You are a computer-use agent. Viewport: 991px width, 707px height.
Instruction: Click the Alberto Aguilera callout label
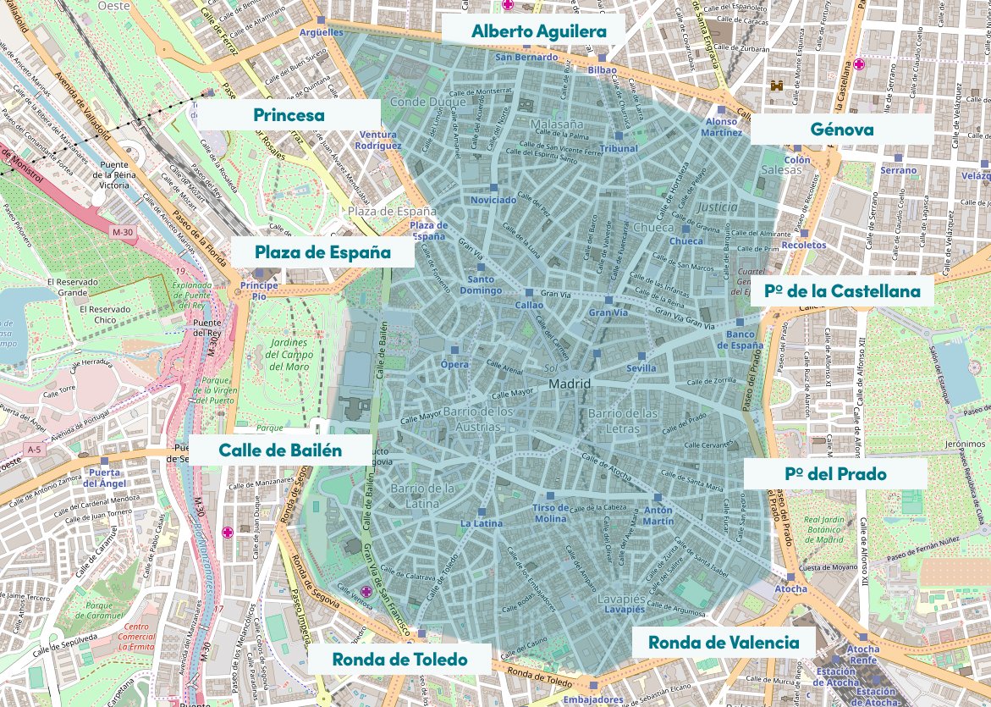[x=539, y=31]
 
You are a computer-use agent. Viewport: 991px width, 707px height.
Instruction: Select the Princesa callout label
[x=289, y=115]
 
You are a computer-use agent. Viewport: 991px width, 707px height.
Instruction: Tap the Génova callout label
[x=841, y=130]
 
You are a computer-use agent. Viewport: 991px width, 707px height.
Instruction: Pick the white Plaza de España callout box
[x=322, y=251]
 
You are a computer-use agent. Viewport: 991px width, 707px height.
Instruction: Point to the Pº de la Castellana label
[x=841, y=291]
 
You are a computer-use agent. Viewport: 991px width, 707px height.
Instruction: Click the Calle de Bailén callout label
[x=280, y=450]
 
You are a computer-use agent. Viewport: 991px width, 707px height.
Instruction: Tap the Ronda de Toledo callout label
[x=399, y=659]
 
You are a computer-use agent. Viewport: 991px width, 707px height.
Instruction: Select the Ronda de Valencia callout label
[x=724, y=642]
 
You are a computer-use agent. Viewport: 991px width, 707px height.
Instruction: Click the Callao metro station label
[x=529, y=305]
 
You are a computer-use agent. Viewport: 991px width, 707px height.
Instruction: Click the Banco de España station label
[x=745, y=340]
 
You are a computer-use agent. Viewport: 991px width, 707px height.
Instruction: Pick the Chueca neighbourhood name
[x=652, y=228]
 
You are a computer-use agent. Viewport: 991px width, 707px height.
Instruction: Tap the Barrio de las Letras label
[x=623, y=420]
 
